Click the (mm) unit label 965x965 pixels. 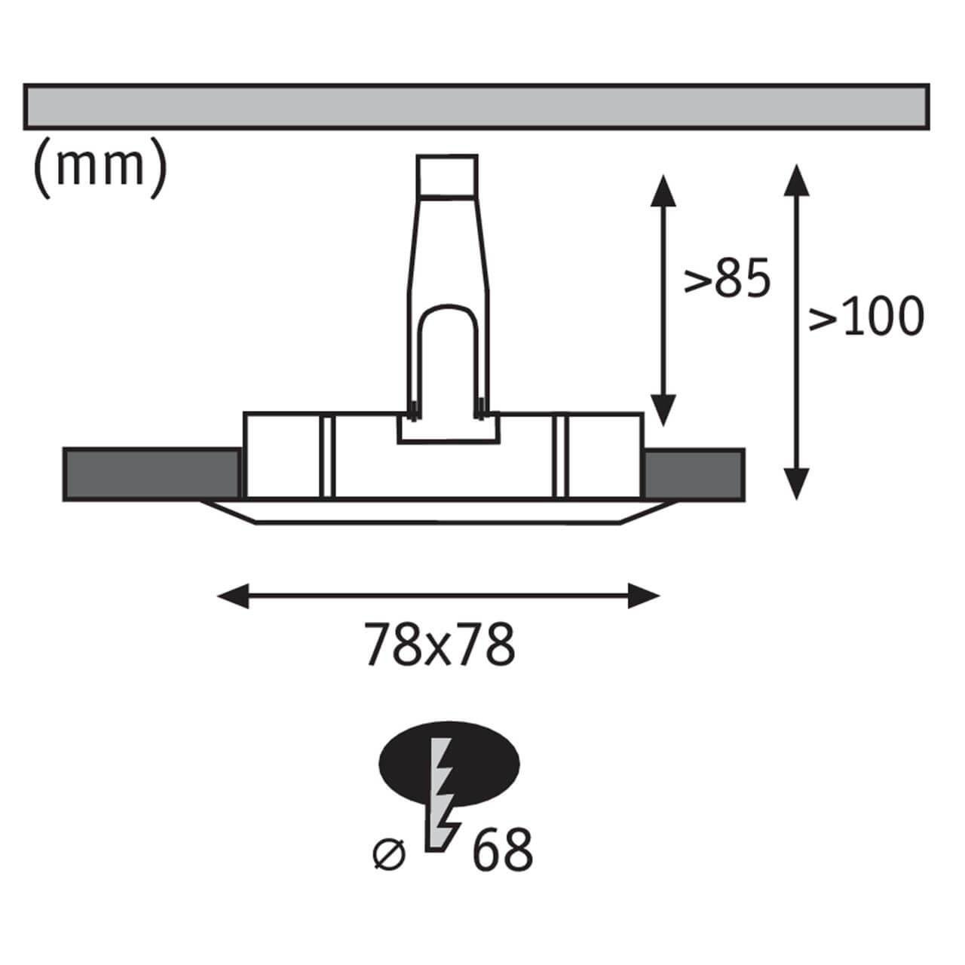(x=100, y=167)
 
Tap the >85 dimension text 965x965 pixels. (x=727, y=277)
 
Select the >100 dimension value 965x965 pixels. (x=866, y=316)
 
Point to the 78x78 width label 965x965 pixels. (x=440, y=644)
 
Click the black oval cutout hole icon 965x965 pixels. (x=449, y=764)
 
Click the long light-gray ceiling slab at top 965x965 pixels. (x=476, y=106)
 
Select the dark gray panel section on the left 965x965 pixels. (x=152, y=474)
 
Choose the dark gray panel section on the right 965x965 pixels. (x=694, y=474)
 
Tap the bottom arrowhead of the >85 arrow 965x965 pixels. (x=663, y=410)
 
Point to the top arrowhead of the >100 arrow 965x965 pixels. (x=795, y=180)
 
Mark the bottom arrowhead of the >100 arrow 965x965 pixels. (x=795, y=484)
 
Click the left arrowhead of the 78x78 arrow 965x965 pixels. (x=232, y=596)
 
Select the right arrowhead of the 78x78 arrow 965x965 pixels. (x=644, y=596)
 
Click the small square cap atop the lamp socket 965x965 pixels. (x=447, y=175)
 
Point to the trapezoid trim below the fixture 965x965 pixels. (x=438, y=512)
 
